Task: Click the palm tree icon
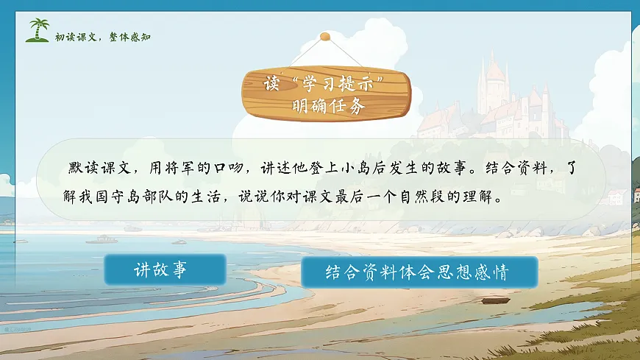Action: (x=37, y=30)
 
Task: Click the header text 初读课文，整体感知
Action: (x=103, y=37)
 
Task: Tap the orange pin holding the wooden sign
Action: (x=324, y=36)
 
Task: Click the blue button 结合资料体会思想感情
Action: (x=419, y=272)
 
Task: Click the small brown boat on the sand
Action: (x=495, y=300)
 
